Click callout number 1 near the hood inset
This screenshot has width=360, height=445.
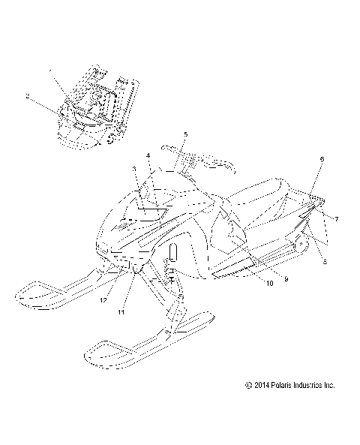[x=51, y=71]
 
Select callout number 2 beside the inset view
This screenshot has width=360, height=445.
[x=28, y=96]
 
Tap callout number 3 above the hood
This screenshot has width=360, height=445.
[x=134, y=170]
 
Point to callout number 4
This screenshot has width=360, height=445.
[x=148, y=155]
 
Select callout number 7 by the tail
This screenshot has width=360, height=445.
[x=336, y=218]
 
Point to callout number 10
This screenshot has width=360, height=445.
[x=247, y=283]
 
